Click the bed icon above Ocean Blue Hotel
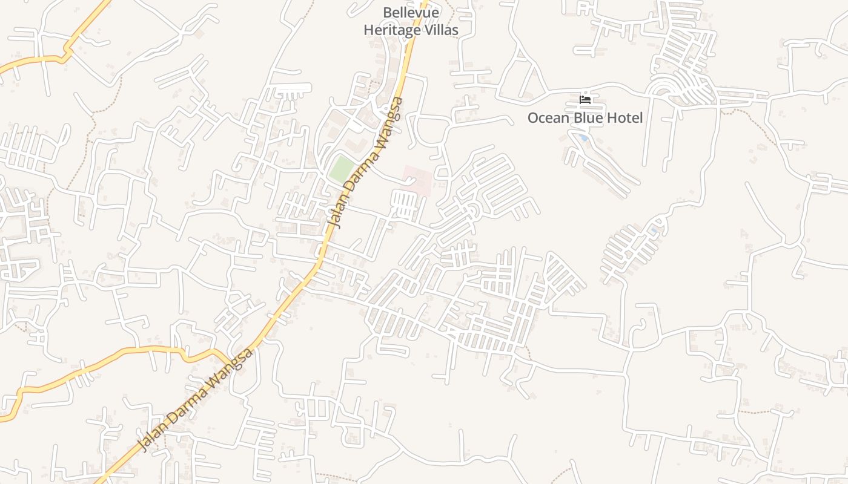585,100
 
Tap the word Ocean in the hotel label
548,118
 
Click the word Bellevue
411,13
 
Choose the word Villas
442,30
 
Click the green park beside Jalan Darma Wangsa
341,168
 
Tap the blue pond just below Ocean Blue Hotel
583,138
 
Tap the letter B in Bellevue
387,13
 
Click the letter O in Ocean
533,118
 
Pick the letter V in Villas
427,30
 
